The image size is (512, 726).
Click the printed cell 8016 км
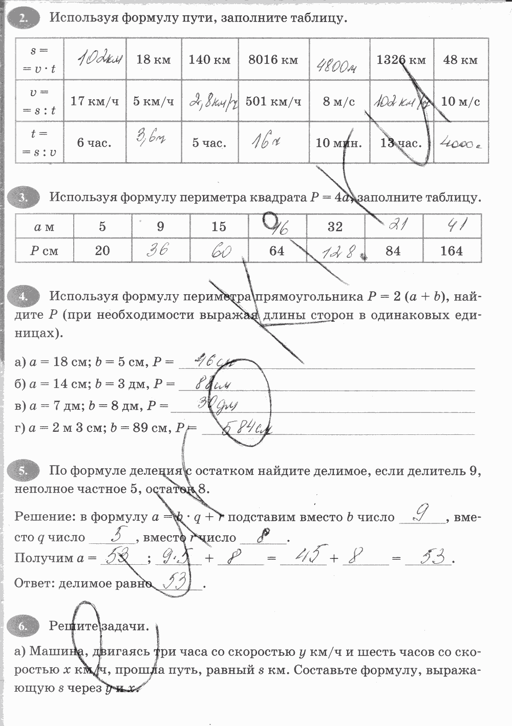coord(273,60)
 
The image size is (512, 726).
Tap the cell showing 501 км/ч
coord(273,101)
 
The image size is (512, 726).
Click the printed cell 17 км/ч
coord(94,101)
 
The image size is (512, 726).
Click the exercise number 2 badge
coord(23,18)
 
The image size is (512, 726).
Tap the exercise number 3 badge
coord(23,197)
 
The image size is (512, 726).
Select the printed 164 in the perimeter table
coord(451,251)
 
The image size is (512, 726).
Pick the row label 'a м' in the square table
coord(44,227)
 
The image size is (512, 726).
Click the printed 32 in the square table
coord(335,227)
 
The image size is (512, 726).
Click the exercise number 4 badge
coord(23,296)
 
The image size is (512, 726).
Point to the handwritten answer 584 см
coord(246,429)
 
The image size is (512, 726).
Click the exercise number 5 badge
coord(23,471)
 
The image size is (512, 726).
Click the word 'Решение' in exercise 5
coord(43,517)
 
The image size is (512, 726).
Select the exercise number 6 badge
coord(23,626)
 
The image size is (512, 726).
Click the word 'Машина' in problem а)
coord(56,652)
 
